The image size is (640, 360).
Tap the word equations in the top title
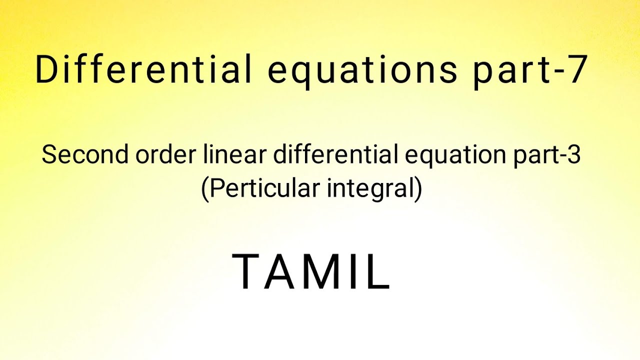362,70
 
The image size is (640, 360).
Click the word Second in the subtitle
84,155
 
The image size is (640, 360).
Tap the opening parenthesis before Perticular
204,189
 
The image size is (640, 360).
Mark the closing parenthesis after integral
418,189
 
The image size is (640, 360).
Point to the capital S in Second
49,155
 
